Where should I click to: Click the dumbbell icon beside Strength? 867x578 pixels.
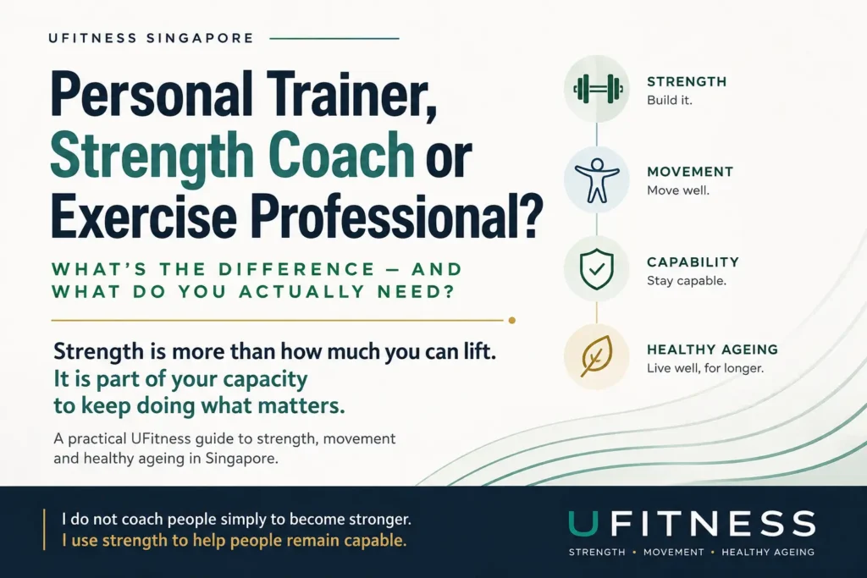point(598,89)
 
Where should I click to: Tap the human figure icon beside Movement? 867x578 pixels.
point(597,181)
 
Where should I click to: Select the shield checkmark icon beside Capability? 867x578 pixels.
point(597,269)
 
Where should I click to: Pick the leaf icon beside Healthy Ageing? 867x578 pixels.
point(597,356)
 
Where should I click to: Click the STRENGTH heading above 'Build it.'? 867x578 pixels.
point(687,82)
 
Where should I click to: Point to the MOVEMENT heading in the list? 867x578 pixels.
point(690,172)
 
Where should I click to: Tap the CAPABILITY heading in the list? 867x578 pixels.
point(693,262)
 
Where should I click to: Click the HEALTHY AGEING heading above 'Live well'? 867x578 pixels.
point(712,350)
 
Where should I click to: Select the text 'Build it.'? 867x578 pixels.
point(669,101)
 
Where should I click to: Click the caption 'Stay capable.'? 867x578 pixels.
point(686,281)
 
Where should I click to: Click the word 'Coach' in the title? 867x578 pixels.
point(344,154)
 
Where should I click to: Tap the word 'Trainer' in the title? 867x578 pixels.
point(351,94)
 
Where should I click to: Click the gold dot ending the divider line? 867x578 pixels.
point(512,321)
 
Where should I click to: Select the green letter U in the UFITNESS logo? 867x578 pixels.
point(583,523)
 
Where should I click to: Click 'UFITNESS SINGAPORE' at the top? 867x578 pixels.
point(151,38)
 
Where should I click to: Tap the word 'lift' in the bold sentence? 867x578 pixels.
point(478,351)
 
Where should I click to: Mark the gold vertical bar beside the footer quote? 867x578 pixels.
point(44,530)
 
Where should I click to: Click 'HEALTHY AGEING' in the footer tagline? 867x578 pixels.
point(768,552)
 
